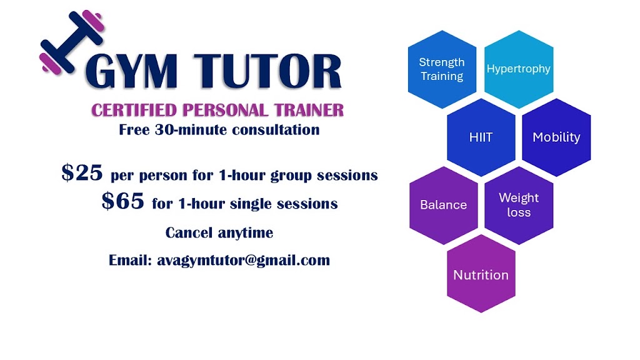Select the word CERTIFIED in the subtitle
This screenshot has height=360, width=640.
[x=133, y=111]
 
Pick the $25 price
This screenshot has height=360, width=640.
[x=82, y=173]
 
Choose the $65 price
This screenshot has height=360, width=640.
[x=124, y=202]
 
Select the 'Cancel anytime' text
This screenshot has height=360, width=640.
[x=219, y=232]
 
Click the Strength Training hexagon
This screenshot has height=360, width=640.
[x=442, y=69]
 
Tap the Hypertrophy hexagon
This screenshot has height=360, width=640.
[x=518, y=69]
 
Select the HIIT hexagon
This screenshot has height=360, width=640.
[x=481, y=137]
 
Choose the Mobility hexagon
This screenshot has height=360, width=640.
[x=556, y=137]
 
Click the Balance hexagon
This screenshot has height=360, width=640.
[x=443, y=205]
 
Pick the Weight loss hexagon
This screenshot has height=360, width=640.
[x=519, y=205]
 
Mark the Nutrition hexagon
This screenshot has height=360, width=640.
[x=481, y=275]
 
